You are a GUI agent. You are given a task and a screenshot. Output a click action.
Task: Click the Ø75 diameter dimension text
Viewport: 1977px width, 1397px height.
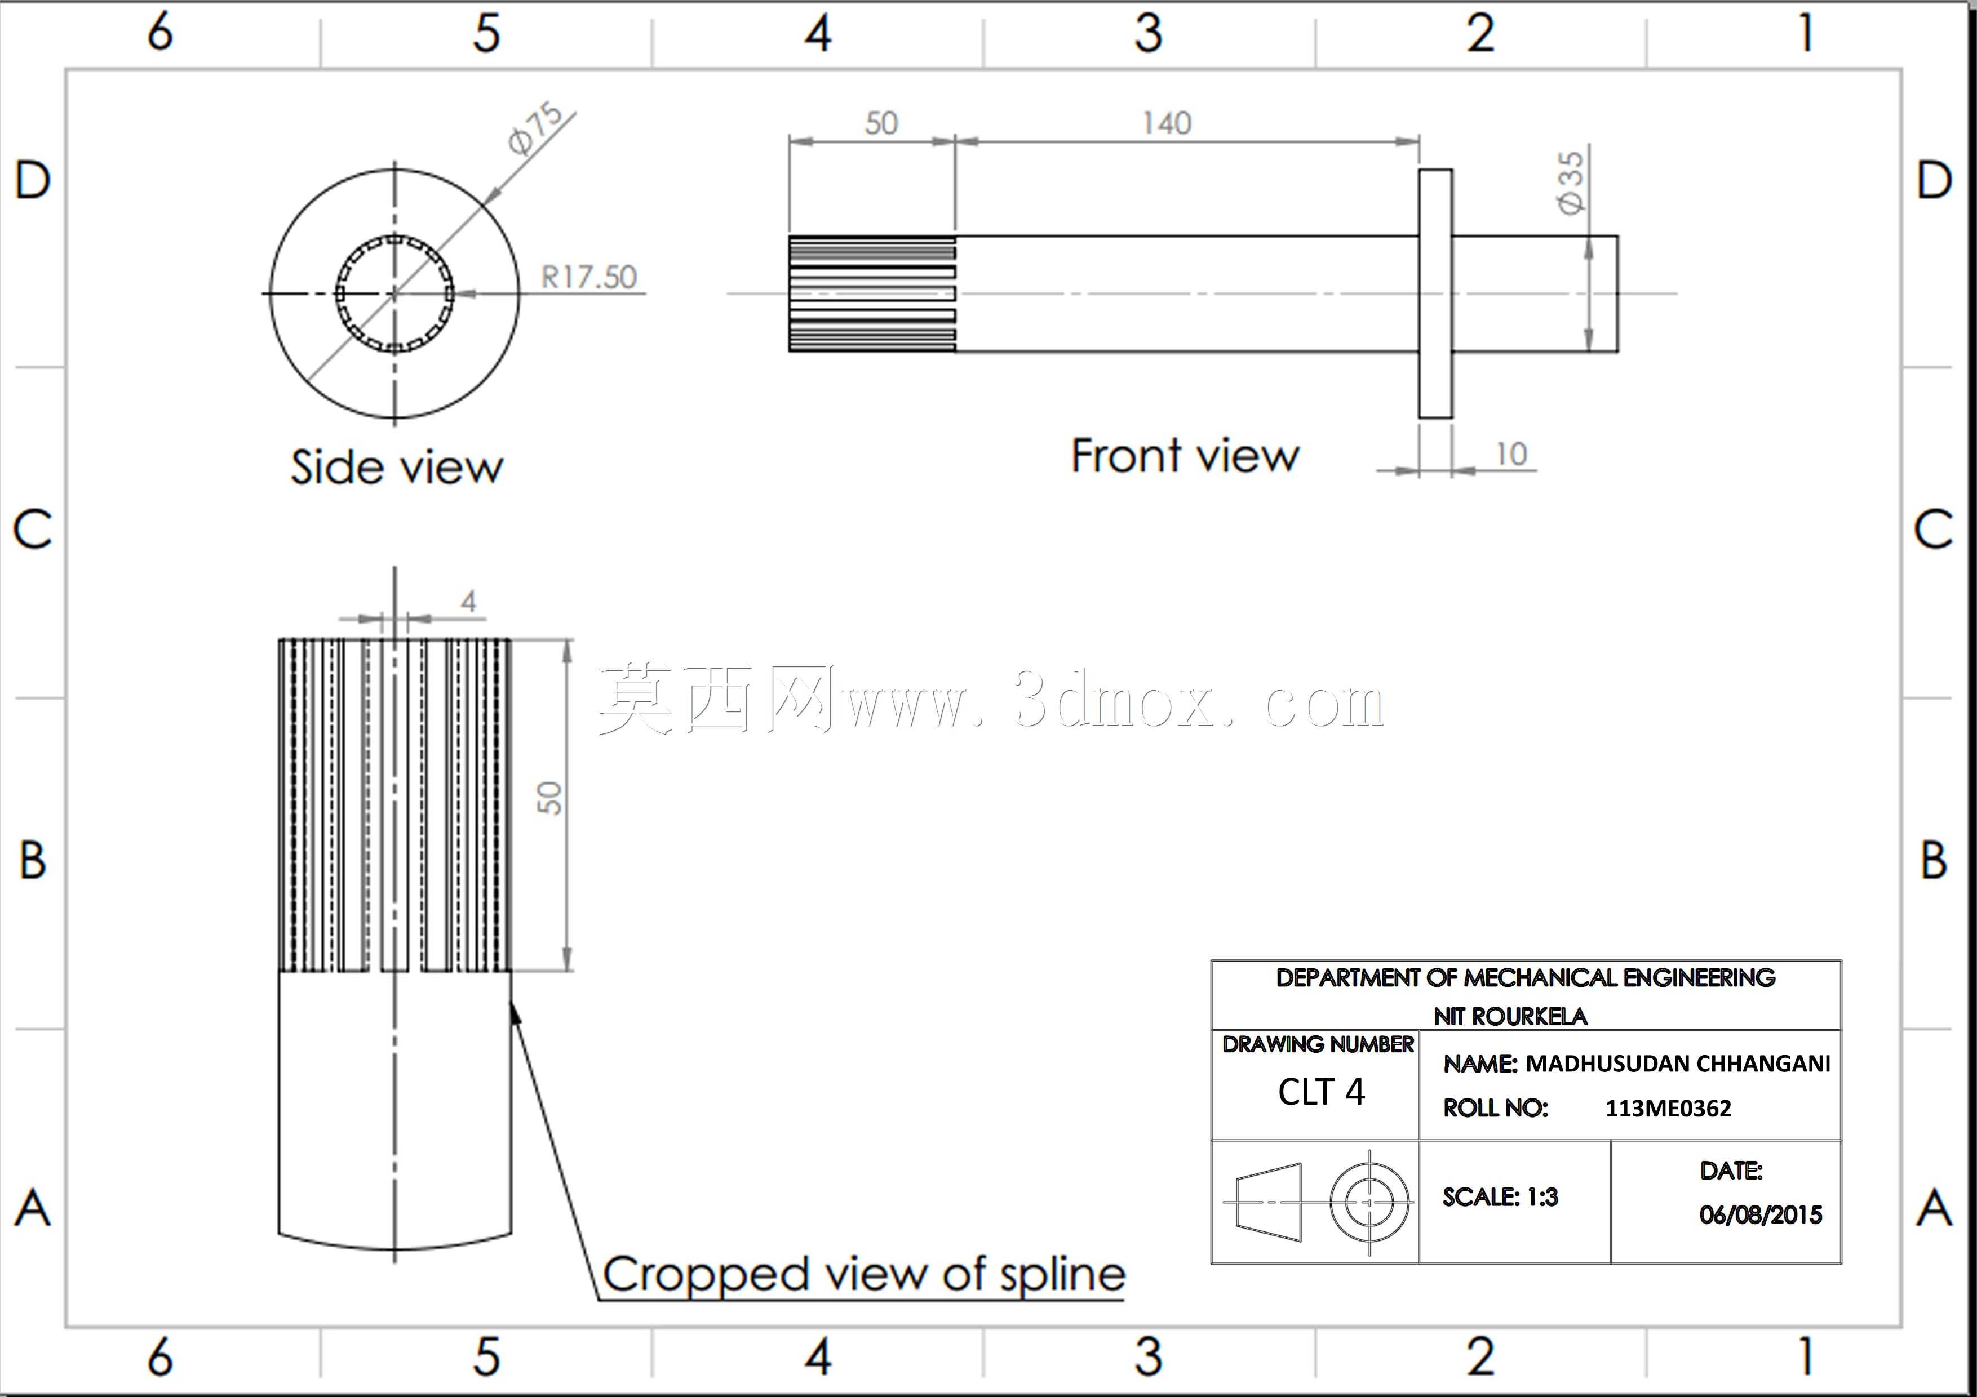coord(535,129)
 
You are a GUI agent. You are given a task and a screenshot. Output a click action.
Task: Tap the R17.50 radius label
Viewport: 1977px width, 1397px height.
coord(589,277)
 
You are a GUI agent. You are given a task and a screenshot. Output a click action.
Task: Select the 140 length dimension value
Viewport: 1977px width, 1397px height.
coord(1167,123)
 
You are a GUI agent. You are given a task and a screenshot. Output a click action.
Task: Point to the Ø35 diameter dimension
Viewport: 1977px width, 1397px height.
coord(1571,183)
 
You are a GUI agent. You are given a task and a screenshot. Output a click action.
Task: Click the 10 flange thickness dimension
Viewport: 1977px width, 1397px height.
coord(1511,453)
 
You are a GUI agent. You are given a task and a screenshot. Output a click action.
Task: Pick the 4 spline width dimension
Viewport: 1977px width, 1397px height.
coord(468,601)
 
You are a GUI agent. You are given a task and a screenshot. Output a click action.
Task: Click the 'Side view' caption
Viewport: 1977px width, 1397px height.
coord(397,468)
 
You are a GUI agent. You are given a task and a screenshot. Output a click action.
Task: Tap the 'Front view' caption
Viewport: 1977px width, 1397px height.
coord(1185,455)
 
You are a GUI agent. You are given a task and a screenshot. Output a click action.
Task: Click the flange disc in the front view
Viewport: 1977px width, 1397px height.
coord(1435,293)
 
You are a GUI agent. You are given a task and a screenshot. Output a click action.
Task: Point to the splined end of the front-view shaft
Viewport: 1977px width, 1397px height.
coord(872,293)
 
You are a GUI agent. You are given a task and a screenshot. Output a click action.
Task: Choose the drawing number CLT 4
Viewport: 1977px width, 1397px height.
coord(1321,1092)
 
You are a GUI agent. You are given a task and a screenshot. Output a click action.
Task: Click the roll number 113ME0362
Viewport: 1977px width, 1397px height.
coord(1668,1109)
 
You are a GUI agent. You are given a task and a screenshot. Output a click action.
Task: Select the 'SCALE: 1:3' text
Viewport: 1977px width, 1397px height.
coord(1500,1197)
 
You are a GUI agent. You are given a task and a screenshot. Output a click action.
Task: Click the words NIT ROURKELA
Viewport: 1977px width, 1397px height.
coord(1510,1017)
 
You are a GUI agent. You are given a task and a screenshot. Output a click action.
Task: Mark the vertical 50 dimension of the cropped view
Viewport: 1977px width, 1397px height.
coord(548,797)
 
